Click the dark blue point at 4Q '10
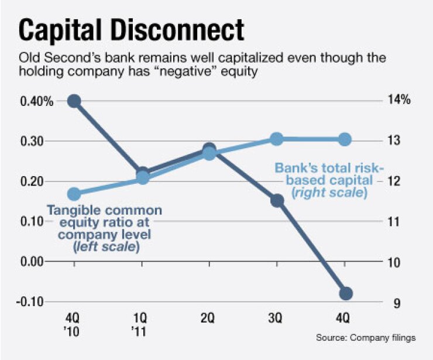click(x=74, y=101)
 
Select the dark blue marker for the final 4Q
click(x=345, y=293)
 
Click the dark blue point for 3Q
click(x=277, y=201)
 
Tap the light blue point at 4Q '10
click(x=74, y=194)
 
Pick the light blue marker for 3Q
click(x=277, y=139)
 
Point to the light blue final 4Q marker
click(x=345, y=139)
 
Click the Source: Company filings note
click(x=366, y=338)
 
